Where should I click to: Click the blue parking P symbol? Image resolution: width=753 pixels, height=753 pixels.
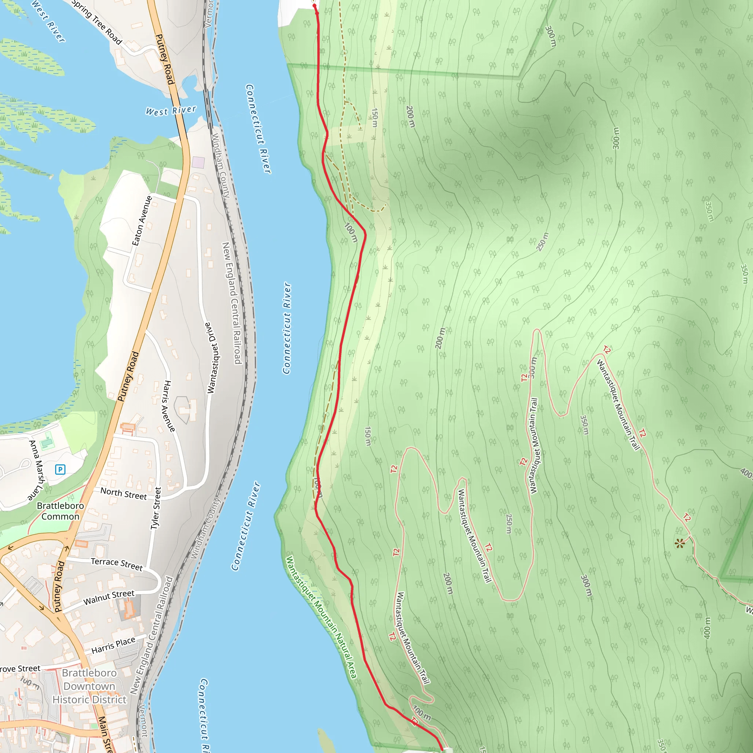point(60,469)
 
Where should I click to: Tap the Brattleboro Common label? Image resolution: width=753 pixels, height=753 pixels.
point(60,511)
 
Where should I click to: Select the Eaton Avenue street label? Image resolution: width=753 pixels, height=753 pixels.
point(142,221)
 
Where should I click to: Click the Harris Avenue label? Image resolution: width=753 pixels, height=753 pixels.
point(169,406)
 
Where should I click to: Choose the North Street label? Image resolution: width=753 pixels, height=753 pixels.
point(124,493)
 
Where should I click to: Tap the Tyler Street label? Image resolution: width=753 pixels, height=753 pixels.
point(156,508)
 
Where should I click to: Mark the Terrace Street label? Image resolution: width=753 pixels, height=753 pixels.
point(117,564)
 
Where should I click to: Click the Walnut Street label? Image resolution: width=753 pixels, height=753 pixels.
point(109,597)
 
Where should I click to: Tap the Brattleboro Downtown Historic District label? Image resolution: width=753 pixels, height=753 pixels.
point(90,686)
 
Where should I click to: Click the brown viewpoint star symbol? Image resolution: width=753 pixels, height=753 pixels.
point(680,543)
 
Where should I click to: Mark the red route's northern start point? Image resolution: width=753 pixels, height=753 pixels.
point(314,6)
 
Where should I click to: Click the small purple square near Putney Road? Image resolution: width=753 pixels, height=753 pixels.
point(199,162)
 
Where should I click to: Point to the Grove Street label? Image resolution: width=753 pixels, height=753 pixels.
point(19,669)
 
